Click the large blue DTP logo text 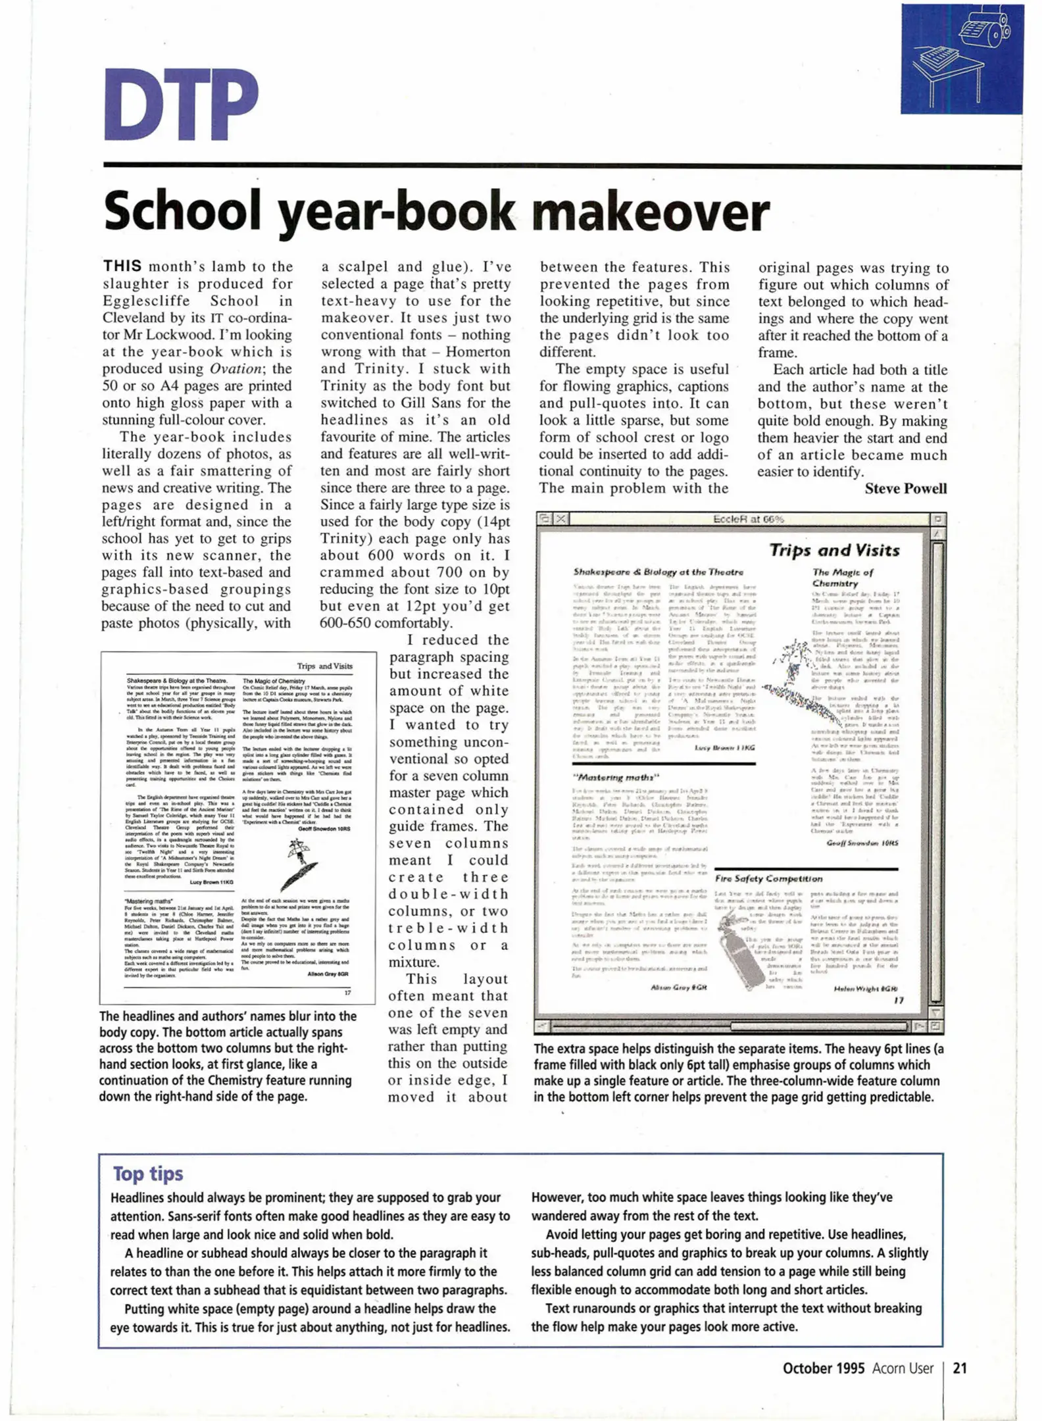tap(181, 104)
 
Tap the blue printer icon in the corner tap(961, 59)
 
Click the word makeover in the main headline tap(650, 211)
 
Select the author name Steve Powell tap(905, 488)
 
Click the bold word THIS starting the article tap(122, 266)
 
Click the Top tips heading tap(147, 1174)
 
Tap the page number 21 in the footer tap(960, 1368)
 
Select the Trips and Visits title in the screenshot tap(834, 550)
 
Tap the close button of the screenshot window tap(560, 518)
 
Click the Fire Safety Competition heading tap(768, 878)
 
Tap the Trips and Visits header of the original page tap(324, 666)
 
